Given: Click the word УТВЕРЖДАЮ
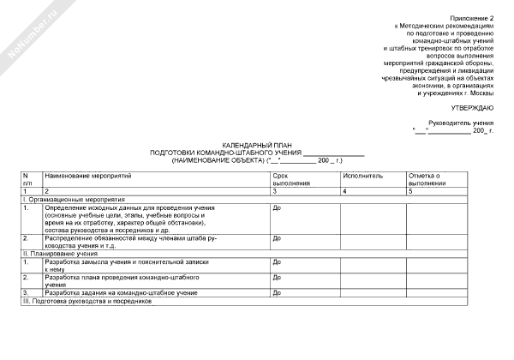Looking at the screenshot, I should pyautogui.click(x=471, y=107).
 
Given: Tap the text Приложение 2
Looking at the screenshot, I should pyautogui.click(x=475, y=18).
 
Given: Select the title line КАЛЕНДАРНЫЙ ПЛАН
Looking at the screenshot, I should pyautogui.click(x=257, y=146).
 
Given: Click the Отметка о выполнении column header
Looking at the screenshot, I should pyautogui.click(x=428, y=179).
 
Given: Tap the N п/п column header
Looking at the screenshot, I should pyautogui.click(x=27, y=179).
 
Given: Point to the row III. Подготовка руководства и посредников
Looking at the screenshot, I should pyautogui.click(x=86, y=302).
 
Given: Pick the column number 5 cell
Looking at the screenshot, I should pyautogui.click(x=411, y=191).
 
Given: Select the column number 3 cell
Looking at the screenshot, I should pyautogui.click(x=274, y=191).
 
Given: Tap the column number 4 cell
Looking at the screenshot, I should pyautogui.click(x=344, y=191).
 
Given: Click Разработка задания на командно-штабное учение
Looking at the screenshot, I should pyautogui.click(x=116, y=293).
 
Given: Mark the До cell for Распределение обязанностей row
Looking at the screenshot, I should pyautogui.click(x=277, y=238).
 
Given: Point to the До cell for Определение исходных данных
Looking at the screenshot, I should pyautogui.click(x=277, y=208).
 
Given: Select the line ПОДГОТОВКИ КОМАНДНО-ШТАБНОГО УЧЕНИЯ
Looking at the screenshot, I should pyautogui.click(x=226, y=153).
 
